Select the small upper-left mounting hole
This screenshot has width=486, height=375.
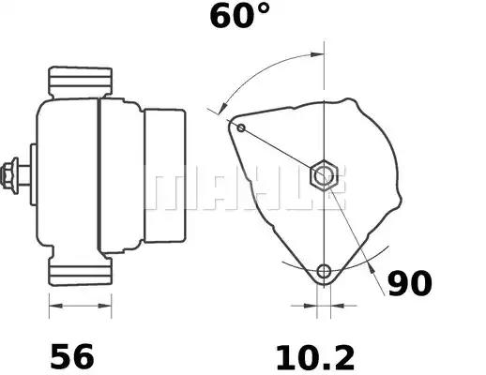click(x=241, y=127)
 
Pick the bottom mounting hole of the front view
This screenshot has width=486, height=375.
click(x=325, y=272)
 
